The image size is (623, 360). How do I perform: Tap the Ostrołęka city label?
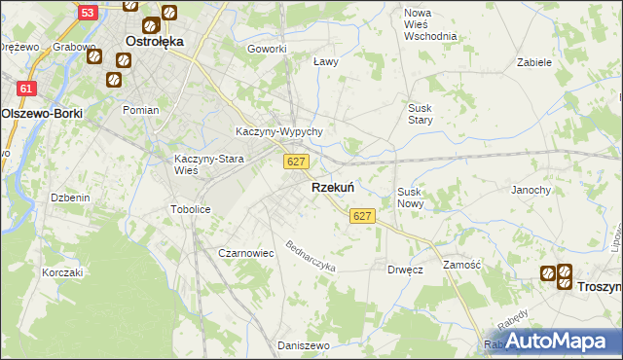(x=155, y=42)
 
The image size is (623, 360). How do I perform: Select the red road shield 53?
(x=88, y=13)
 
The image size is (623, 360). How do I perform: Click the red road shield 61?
(x=27, y=89)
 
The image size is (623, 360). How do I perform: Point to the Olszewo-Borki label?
(x=42, y=113)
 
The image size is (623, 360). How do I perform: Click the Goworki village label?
(x=267, y=49)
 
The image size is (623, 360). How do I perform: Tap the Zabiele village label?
(x=534, y=61)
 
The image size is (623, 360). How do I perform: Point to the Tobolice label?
(x=190, y=208)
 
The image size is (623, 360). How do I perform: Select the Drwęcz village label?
(x=404, y=270)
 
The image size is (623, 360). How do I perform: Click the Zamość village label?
(x=460, y=265)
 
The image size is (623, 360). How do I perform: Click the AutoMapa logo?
(x=552, y=341)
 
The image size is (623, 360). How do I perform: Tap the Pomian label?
(x=140, y=110)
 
